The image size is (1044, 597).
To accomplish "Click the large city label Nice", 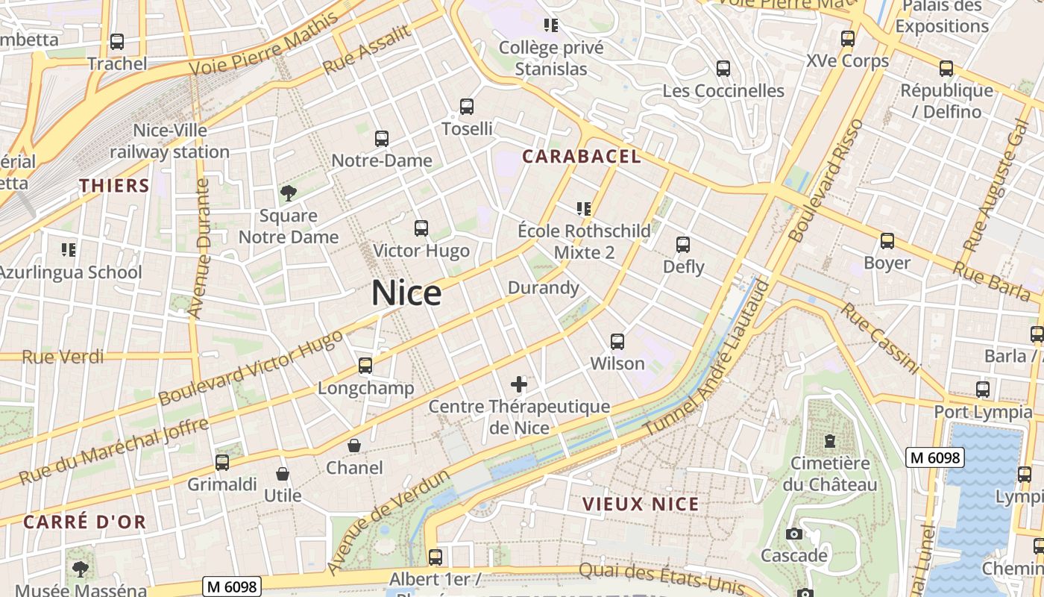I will (406, 293).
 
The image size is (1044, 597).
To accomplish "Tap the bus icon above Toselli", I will (467, 107).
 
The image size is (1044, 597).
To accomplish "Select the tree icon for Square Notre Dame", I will (288, 194).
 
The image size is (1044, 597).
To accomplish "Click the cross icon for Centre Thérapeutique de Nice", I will (519, 385).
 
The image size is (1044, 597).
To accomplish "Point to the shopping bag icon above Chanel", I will (354, 446).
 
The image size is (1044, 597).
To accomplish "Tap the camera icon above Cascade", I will (793, 534).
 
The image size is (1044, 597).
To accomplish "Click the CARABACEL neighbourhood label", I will (581, 156).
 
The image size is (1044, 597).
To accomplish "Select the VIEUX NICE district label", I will (641, 504).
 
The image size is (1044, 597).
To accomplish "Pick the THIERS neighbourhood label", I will (114, 185).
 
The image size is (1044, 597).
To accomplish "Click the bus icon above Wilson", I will (617, 342).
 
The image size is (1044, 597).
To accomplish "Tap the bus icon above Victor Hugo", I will (421, 228).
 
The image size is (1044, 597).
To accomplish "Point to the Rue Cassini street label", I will (880, 337).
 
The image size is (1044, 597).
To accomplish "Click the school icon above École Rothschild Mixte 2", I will (584, 209).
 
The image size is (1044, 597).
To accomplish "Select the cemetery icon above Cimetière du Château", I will (830, 441).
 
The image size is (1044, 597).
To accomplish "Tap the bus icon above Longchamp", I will (365, 366).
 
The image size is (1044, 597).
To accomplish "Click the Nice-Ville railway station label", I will (170, 141).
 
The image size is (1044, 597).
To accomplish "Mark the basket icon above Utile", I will (283, 474).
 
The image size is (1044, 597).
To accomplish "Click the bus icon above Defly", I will (683, 244).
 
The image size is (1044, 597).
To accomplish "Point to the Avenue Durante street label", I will (199, 249).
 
